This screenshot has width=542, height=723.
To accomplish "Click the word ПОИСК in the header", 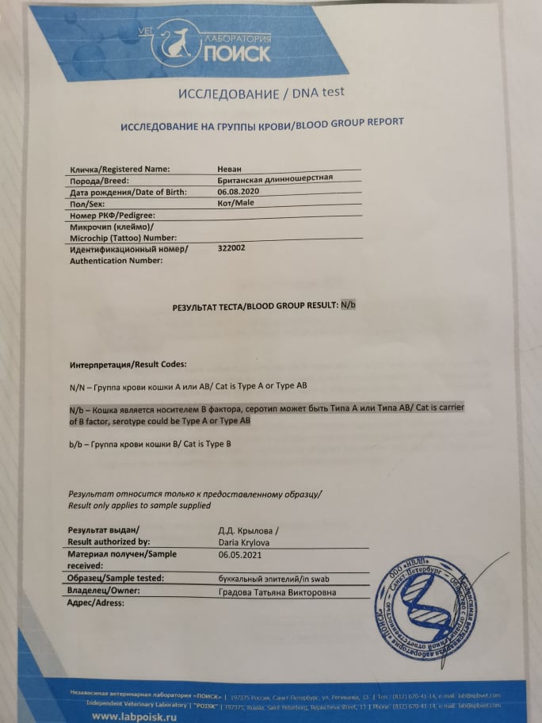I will coord(237,53).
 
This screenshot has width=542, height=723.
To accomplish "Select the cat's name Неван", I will coord(231,169).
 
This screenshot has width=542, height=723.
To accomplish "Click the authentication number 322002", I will coord(231,248).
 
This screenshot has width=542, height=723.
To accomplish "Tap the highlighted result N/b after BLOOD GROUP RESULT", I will coord(348,304).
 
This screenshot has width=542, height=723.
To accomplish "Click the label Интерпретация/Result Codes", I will coord(128,364).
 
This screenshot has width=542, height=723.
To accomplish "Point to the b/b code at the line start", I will coord(76,444).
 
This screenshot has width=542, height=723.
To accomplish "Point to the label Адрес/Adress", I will coord(97,603).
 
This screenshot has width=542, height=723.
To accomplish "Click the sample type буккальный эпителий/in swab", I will coord(269,579).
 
